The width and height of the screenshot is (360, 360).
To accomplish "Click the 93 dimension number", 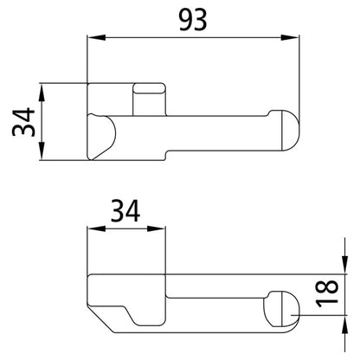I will click(x=192, y=19).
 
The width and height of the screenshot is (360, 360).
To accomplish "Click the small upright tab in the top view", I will click(x=150, y=96).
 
